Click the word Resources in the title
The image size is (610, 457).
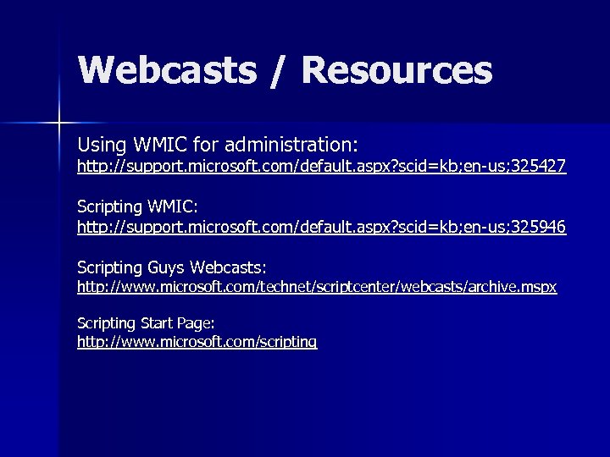pos(396,71)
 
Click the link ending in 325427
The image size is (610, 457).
pos(321,167)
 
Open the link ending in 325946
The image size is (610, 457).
pos(321,227)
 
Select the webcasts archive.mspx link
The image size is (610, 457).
pos(317,287)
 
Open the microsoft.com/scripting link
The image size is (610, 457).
pos(197,342)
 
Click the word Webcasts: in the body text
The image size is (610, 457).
pos(229,267)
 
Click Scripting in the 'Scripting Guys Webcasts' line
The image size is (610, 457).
pos(110,267)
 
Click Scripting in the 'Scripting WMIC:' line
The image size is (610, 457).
pos(110,206)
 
